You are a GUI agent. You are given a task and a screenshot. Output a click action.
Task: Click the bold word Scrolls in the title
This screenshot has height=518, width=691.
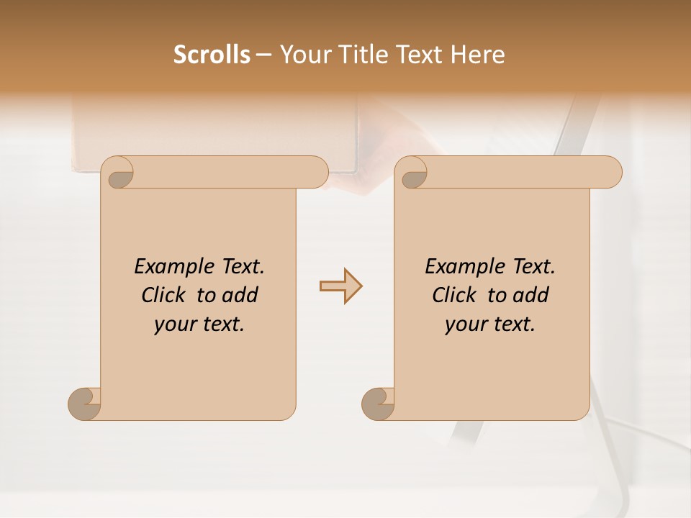pos(212,55)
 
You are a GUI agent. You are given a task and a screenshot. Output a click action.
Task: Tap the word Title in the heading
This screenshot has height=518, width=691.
pos(355,55)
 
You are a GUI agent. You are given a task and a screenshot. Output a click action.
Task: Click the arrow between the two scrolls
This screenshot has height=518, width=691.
pos(340,286)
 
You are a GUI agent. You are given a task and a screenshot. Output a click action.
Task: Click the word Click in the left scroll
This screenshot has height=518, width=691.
pos(163,296)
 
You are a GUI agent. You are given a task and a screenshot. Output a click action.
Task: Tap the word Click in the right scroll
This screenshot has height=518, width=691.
pos(454,296)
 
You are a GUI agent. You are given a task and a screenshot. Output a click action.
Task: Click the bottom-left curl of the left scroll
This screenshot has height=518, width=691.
pos(85,403)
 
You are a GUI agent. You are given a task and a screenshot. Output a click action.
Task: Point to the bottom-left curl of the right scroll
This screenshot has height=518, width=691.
pos(378,403)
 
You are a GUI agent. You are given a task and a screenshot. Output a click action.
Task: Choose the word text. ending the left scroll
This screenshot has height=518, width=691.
pos(220,325)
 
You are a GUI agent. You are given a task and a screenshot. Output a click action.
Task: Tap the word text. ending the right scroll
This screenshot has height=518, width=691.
pos(511,325)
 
